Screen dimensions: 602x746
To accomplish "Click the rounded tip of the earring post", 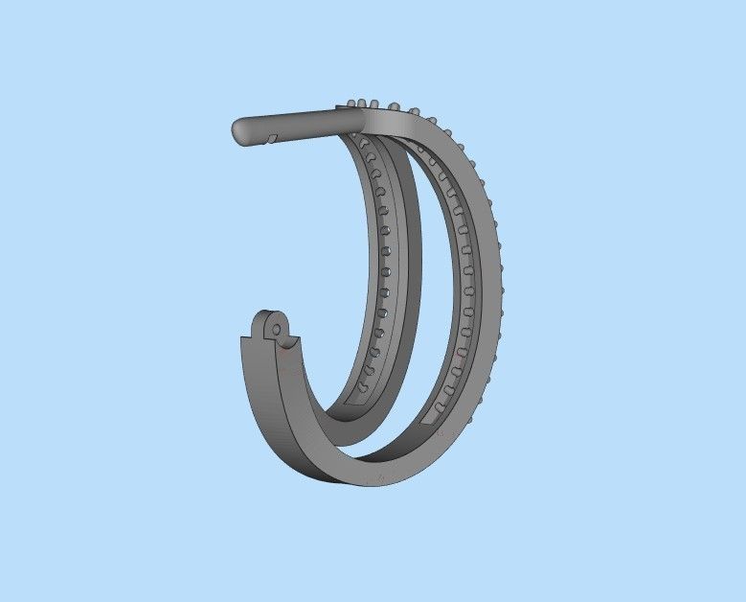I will (x=239, y=130).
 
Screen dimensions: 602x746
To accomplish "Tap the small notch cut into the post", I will (x=271, y=140).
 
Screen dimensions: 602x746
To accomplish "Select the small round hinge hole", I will (x=277, y=329).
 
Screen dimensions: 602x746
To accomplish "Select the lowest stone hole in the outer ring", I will (x=440, y=407).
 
